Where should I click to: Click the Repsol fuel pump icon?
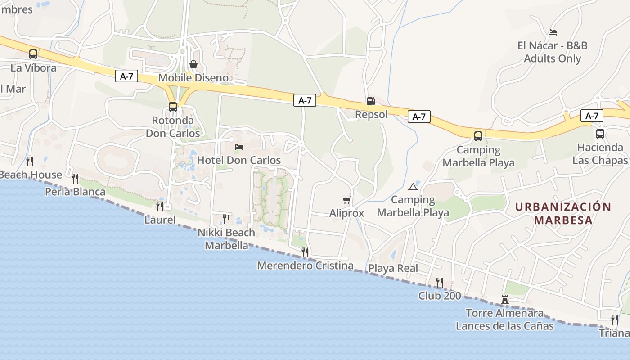[371, 101]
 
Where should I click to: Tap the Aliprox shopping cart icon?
[346, 200]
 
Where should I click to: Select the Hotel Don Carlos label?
[239, 160]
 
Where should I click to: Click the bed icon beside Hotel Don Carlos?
[239, 147]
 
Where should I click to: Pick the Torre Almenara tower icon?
[505, 300]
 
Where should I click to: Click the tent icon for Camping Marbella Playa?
[413, 187]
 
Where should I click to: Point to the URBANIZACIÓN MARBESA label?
[563, 213]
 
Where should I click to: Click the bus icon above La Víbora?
[33, 54]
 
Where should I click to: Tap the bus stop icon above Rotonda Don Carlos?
[173, 107]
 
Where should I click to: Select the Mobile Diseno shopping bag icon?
[193, 64]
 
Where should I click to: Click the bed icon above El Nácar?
[553, 32]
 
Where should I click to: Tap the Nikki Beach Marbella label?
[226, 239]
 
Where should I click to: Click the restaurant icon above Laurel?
[160, 206]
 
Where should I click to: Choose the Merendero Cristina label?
[305, 265]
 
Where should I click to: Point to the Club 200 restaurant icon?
[440, 282]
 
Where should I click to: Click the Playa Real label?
[393, 269]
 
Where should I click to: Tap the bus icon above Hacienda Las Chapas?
[600, 134]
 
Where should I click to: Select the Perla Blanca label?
[75, 192]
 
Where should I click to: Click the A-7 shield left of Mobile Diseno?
[126, 76]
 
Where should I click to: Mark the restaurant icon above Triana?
[615, 320]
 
